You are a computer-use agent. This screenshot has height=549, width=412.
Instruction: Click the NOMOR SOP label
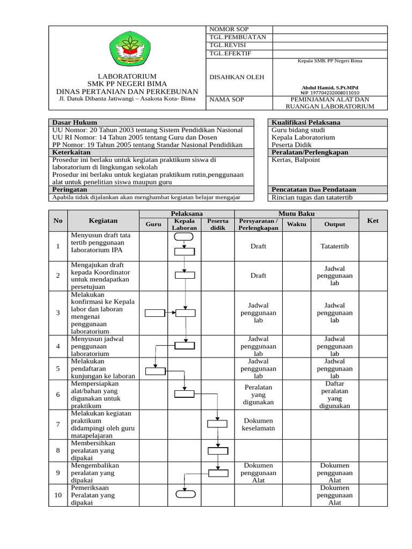229,29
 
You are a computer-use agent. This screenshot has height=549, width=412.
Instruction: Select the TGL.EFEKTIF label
230,54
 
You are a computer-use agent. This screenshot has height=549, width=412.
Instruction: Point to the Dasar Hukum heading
75,123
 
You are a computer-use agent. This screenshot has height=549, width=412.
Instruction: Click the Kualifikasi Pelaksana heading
306,123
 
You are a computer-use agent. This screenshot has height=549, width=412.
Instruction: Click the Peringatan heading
70,190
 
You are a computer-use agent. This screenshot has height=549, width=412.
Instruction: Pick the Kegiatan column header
103,220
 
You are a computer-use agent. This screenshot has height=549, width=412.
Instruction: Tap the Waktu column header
297,224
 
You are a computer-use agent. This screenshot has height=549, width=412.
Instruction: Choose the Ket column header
373,220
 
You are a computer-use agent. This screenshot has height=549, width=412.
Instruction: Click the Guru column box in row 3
155,313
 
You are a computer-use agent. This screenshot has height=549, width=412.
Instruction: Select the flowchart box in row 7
218,424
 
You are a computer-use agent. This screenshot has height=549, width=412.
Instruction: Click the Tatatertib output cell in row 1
335,246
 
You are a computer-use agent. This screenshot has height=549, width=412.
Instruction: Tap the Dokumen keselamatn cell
258,425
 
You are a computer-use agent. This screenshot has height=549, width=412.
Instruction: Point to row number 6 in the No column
58,394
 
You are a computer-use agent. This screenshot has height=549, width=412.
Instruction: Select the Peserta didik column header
218,224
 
